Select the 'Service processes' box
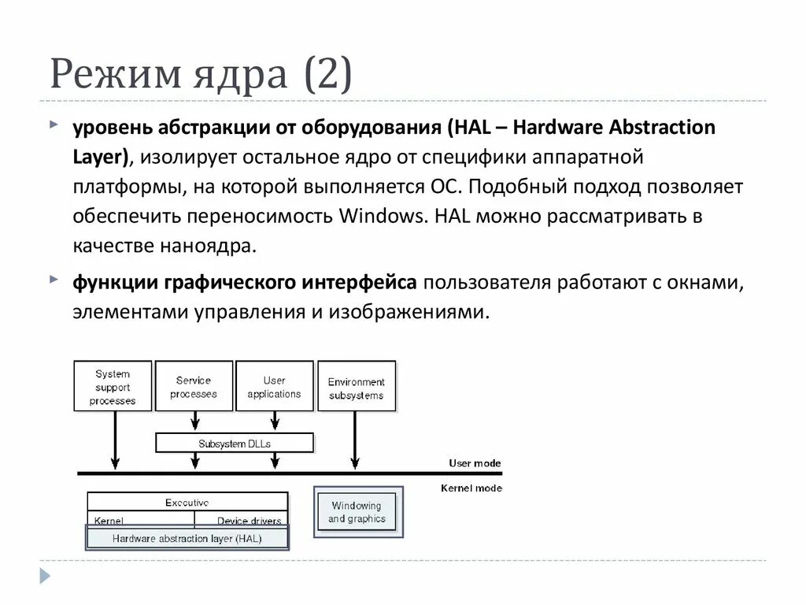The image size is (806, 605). click(194, 387)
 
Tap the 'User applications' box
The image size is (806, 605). click(274, 387)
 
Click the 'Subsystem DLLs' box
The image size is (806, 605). click(235, 444)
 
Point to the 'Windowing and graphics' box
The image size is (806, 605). click(357, 512)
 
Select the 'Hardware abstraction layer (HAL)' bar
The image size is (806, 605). click(187, 539)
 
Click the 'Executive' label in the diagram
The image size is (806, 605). click(187, 502)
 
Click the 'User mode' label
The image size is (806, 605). click(475, 463)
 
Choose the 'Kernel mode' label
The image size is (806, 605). click(471, 488)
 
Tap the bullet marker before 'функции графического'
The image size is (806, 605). click(53, 280)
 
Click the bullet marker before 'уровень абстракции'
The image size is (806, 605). click(53, 125)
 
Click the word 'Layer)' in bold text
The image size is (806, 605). click(101, 156)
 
